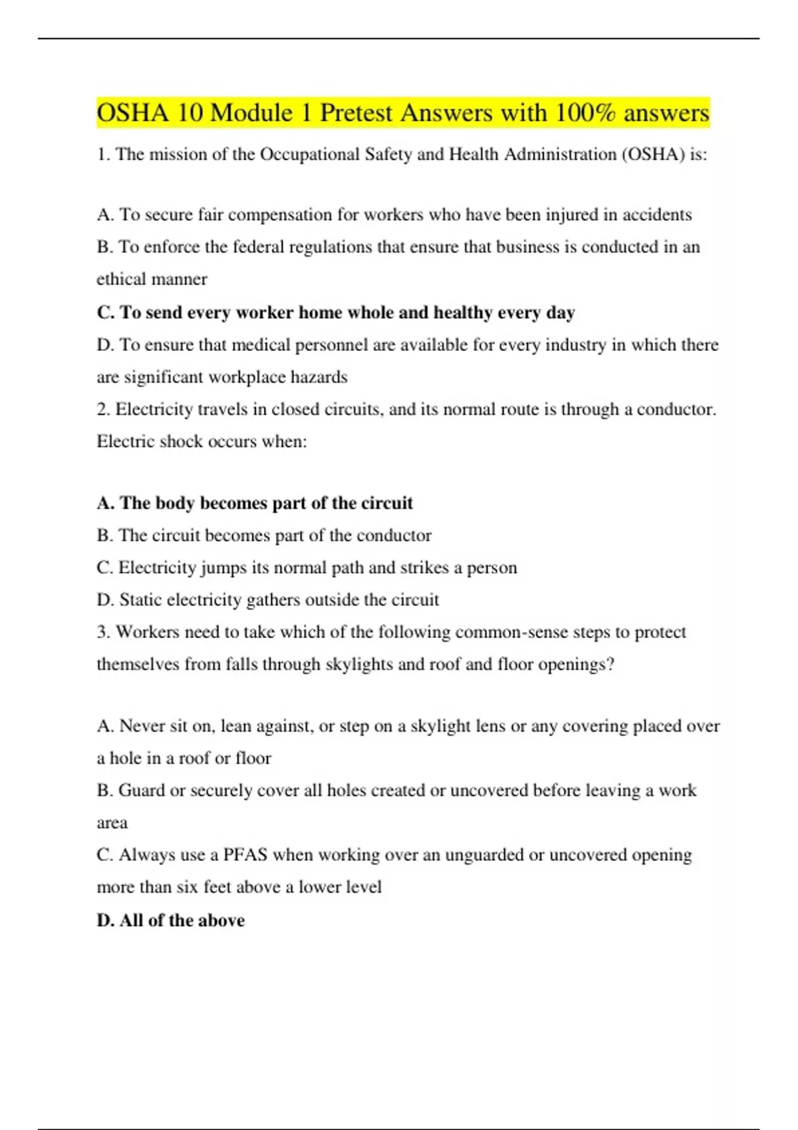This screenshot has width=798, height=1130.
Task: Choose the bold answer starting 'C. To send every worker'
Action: [x=335, y=312]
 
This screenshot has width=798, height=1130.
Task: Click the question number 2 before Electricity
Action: [x=102, y=409]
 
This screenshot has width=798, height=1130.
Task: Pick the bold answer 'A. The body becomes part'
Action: [x=255, y=503]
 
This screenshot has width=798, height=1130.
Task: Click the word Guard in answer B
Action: [x=141, y=790]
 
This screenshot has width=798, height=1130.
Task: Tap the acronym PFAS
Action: [x=245, y=855]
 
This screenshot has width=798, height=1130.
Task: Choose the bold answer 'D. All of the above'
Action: [x=171, y=921]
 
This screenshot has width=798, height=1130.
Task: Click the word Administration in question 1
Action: [x=560, y=155]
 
